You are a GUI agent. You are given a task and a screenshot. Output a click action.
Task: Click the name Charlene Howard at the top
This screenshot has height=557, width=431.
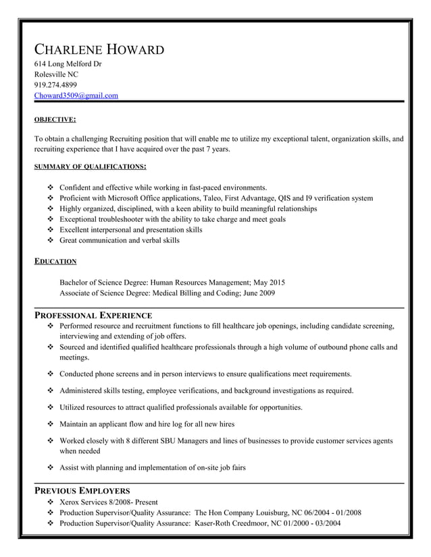[x=99, y=50]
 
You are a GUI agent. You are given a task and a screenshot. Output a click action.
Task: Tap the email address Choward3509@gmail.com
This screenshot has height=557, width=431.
[x=76, y=96]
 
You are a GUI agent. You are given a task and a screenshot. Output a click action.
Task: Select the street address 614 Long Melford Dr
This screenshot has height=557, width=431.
[x=68, y=64]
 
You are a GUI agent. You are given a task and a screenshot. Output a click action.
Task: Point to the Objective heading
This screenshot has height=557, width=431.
[x=55, y=120]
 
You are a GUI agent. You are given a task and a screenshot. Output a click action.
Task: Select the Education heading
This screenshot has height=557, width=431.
[x=55, y=261]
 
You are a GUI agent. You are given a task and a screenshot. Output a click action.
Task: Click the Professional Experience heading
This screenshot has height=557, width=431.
[x=93, y=315]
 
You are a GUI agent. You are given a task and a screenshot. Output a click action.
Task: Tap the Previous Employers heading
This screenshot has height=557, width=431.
[x=82, y=490]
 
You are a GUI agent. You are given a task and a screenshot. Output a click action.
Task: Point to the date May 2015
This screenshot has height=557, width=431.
[x=270, y=283]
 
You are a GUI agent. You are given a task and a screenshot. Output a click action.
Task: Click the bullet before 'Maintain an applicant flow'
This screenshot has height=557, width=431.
[x=51, y=424]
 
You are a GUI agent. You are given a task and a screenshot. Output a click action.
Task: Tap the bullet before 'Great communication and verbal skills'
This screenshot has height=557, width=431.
[x=51, y=240]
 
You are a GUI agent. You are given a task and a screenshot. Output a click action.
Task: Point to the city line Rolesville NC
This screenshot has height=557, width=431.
[x=56, y=74]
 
